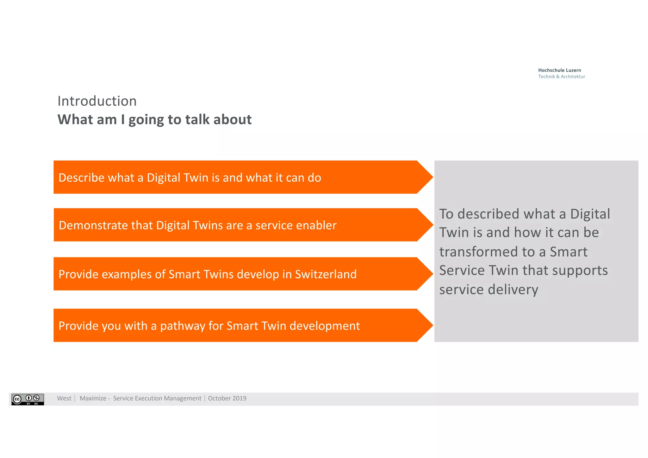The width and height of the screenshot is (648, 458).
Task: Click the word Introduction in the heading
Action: (97, 101)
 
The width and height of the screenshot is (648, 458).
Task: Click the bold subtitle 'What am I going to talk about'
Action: (154, 120)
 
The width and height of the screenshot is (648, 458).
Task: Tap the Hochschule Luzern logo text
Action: (559, 70)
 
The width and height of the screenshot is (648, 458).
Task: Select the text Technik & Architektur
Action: (561, 77)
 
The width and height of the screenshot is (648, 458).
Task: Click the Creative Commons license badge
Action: (28, 399)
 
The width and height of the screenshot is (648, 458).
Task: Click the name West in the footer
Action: (64, 398)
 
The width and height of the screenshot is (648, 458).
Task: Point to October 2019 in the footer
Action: (227, 398)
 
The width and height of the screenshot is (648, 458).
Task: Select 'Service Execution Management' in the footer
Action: (157, 398)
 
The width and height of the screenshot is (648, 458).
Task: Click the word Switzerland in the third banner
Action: (326, 274)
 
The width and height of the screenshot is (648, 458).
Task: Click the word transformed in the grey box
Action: (479, 252)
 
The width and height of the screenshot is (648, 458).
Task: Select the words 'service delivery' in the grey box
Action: (489, 290)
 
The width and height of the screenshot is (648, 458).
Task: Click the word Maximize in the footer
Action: (93, 398)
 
